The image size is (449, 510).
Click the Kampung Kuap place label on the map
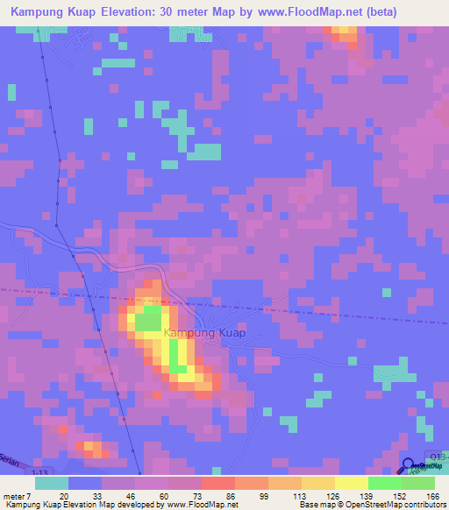click(204, 333)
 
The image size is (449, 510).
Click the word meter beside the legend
click(15, 496)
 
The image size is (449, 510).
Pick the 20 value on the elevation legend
click(64, 496)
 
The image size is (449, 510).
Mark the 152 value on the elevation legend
click(398, 496)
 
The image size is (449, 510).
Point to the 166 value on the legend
click(431, 496)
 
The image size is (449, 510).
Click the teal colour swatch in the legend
click(51, 483)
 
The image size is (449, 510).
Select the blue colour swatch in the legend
click(84, 483)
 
